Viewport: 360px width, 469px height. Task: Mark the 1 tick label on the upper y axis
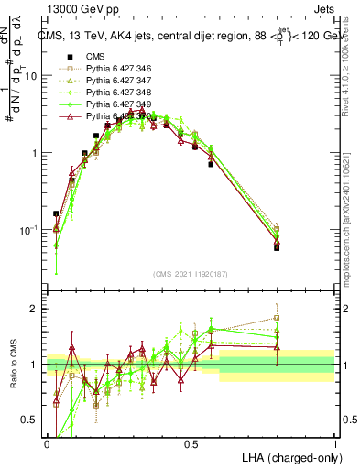click(34, 153)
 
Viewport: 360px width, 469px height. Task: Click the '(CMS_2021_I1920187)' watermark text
click(191, 273)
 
